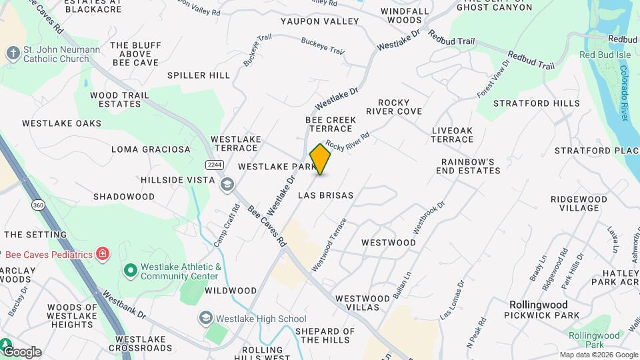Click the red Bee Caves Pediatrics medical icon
click(102, 253)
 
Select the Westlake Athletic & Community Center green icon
click(131, 271)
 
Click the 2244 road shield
click(214, 164)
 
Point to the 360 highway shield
click(38, 205)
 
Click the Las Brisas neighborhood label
click(325, 195)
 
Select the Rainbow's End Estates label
click(471, 166)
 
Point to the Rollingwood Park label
click(584, 339)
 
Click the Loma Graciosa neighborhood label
click(151, 149)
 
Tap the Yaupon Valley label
click(319, 21)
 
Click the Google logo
click(22, 352)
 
